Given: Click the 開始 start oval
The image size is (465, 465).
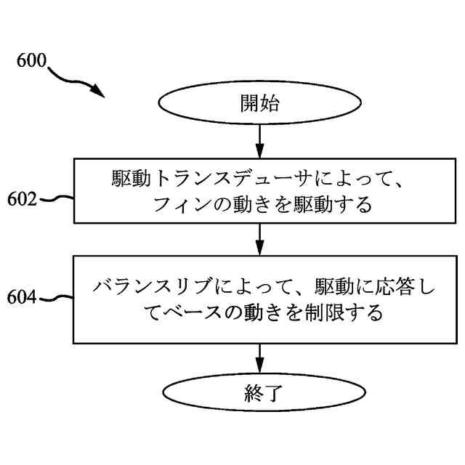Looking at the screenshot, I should pos(259,104).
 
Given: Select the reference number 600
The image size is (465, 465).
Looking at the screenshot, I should pos(31,61).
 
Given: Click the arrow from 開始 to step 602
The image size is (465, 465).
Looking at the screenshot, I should pos(259,141).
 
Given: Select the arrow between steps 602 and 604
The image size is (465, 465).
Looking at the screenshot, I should pos(259,238).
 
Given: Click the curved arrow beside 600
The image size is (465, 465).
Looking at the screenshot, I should pos(76,81).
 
